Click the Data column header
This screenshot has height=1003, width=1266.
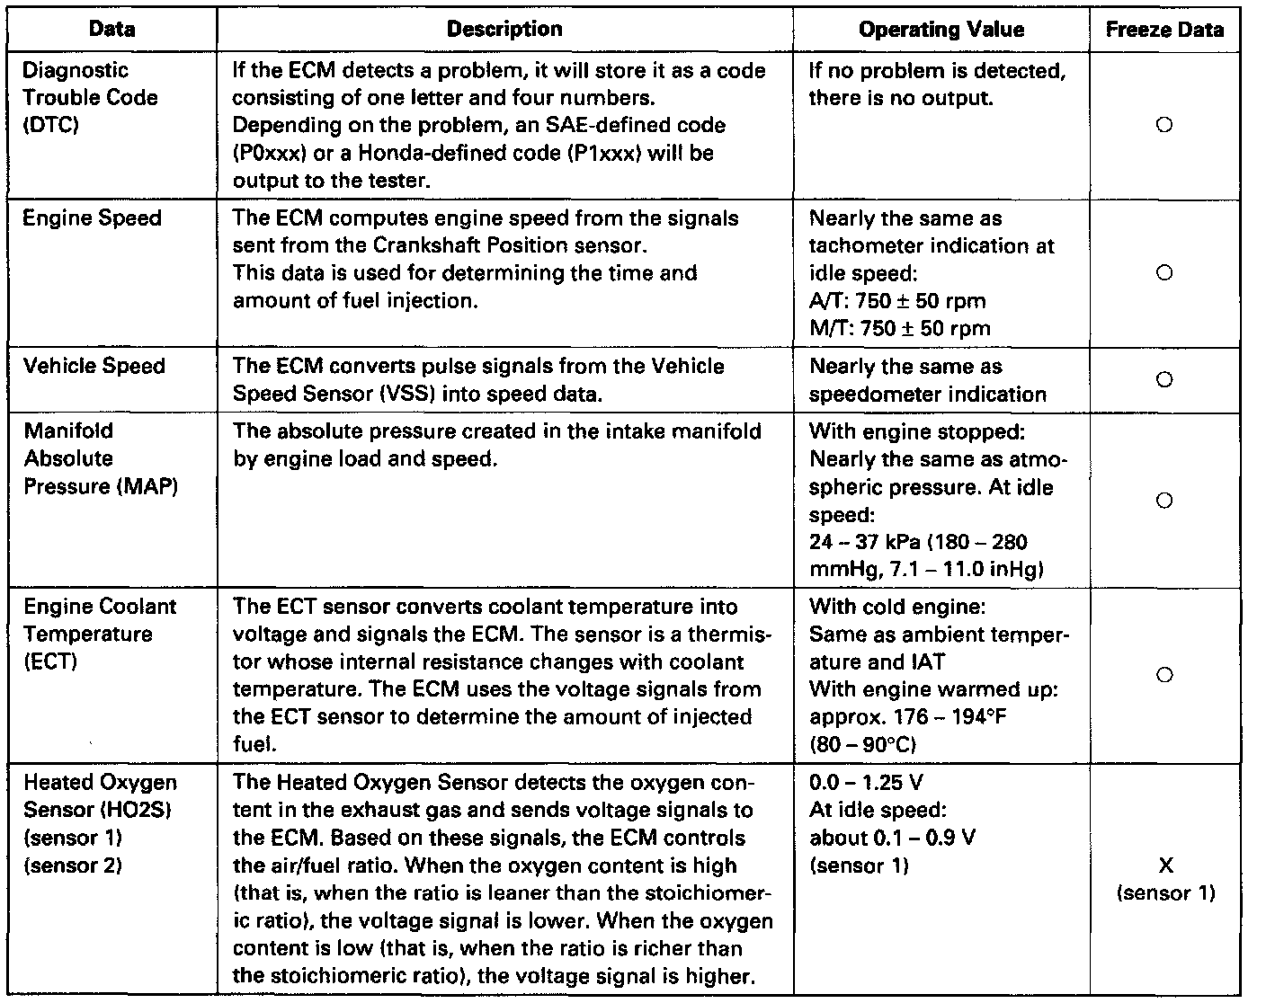[112, 30]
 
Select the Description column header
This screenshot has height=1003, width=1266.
[504, 30]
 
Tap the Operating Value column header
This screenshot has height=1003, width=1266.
[941, 30]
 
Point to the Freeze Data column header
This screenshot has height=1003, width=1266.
[1164, 30]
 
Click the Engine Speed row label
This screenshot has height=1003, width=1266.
[92, 218]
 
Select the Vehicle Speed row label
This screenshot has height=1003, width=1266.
[94, 367]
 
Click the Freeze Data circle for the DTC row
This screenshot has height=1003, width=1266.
[1164, 126]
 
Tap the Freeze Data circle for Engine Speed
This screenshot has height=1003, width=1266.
[1164, 273]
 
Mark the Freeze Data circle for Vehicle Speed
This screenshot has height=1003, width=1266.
[1164, 379]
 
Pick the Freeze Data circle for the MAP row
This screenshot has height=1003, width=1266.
[1164, 501]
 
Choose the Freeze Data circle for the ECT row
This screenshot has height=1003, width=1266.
[1164, 675]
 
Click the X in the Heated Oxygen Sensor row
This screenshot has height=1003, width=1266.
[1165, 865]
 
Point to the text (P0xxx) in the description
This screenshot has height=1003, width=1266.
[264, 153]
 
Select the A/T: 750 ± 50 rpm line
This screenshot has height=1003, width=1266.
[897, 301]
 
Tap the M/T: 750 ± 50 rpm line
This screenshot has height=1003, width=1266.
[899, 328]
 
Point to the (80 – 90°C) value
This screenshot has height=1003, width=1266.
[862, 744]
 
